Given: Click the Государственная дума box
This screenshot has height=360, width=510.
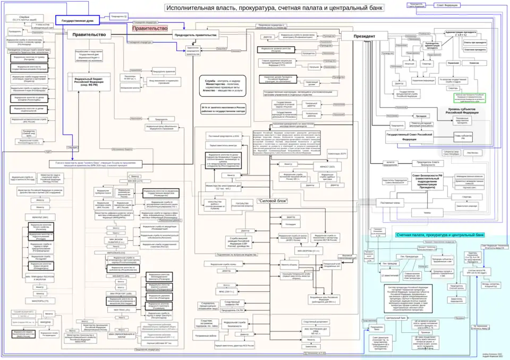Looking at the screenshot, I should (x=78, y=21).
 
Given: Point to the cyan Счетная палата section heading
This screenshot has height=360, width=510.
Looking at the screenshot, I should (x=440, y=235).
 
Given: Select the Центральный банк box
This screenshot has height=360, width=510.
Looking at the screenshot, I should (x=395, y=317).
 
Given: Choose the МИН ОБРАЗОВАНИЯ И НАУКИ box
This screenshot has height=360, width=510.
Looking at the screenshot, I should (x=121, y=336).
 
